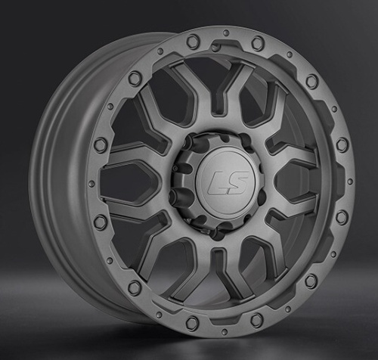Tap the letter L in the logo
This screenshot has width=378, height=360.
[215, 182]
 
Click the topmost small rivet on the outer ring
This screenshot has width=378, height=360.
[225, 33]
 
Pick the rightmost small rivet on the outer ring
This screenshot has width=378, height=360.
[350, 182]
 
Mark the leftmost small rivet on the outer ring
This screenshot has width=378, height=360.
[91, 182]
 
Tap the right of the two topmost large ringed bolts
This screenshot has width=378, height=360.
[257, 43]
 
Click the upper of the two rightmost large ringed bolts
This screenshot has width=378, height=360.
[341, 145]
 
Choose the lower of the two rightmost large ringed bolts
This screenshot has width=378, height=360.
[341, 217]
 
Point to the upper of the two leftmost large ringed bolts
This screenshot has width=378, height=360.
[101, 145]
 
